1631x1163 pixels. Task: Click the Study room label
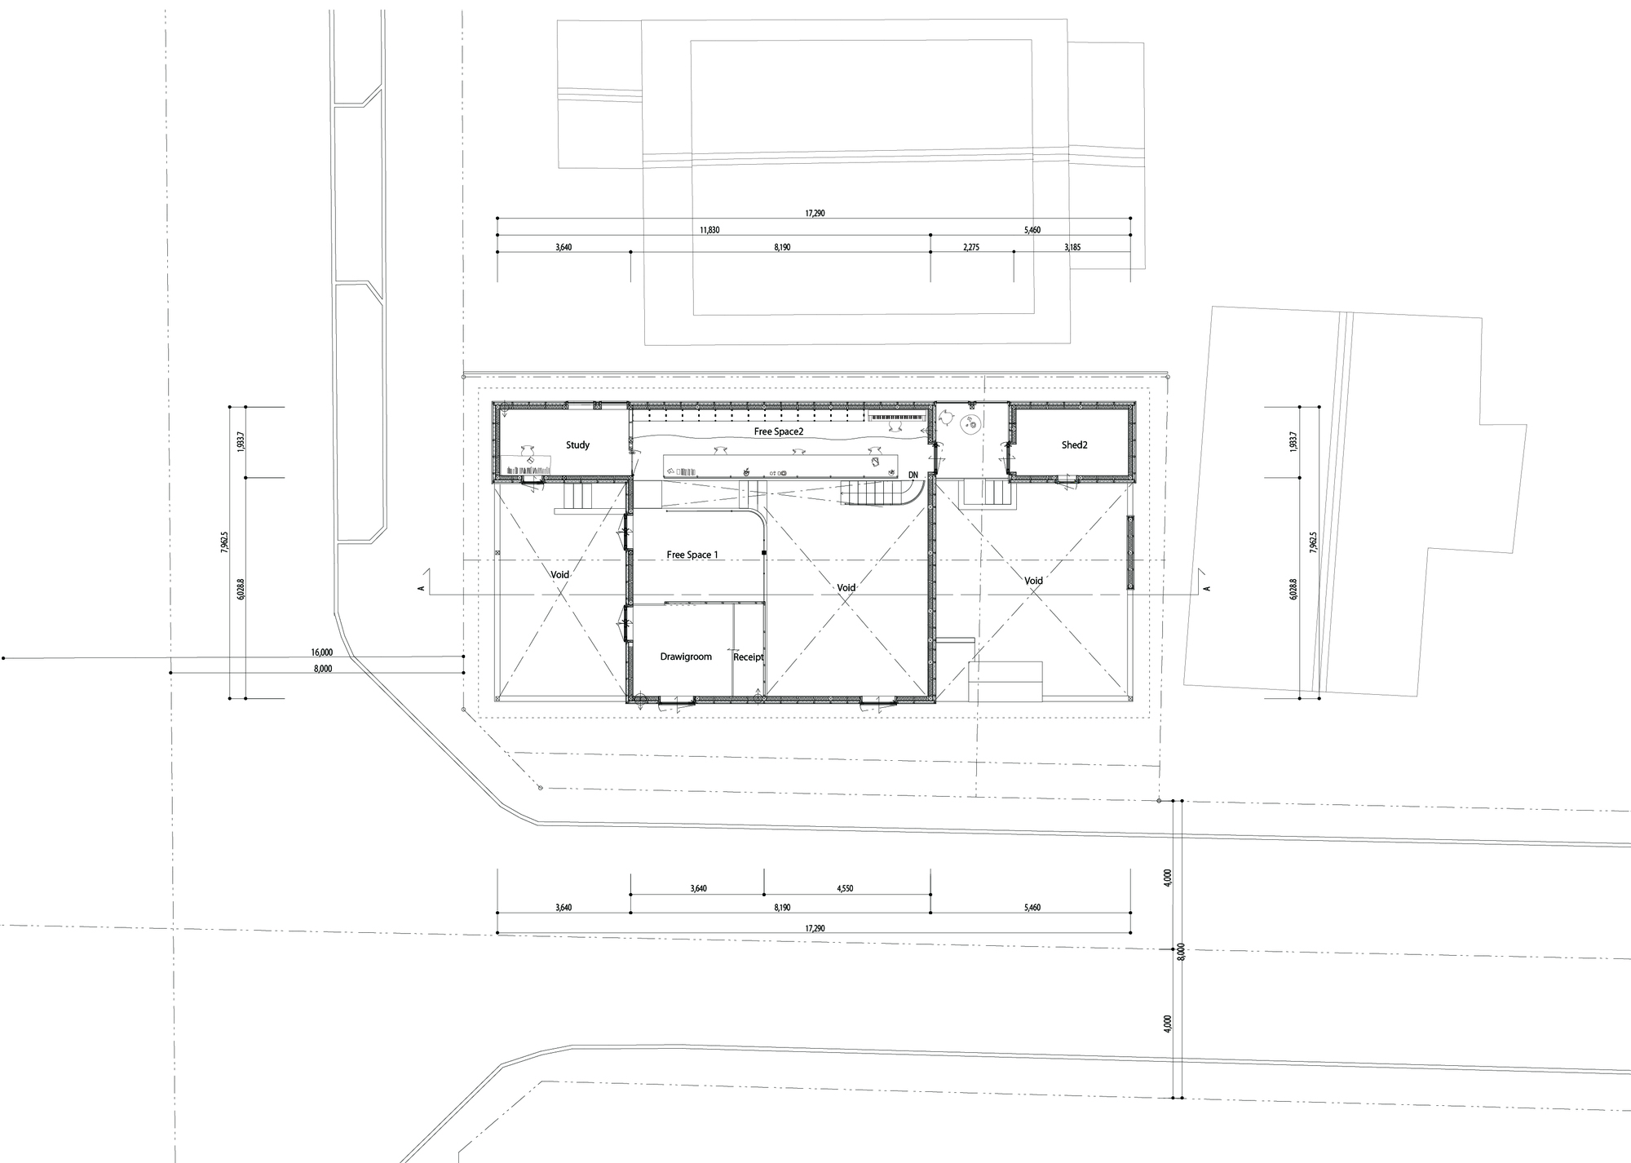tap(577, 445)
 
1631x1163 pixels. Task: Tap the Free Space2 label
tap(779, 431)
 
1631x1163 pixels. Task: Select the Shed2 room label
tap(1074, 445)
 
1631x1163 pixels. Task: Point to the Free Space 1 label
tap(692, 555)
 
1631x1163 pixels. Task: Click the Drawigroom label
tap(686, 657)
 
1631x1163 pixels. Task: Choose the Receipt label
tap(748, 657)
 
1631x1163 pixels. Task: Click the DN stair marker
tap(913, 475)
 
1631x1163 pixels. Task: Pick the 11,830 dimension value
tap(709, 230)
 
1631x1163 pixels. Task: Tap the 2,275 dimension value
tap(970, 246)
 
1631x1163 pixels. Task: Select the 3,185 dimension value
tap(1072, 246)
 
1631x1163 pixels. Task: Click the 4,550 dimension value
tap(845, 889)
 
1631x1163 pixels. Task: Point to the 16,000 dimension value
tap(321, 652)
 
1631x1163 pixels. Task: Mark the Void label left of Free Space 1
tap(559, 575)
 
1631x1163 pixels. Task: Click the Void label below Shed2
tap(1033, 581)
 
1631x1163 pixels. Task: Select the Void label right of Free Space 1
tap(846, 587)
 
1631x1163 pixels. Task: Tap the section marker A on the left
tap(421, 588)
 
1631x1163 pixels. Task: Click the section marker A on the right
tap(1208, 588)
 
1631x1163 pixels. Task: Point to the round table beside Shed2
tap(971, 423)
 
